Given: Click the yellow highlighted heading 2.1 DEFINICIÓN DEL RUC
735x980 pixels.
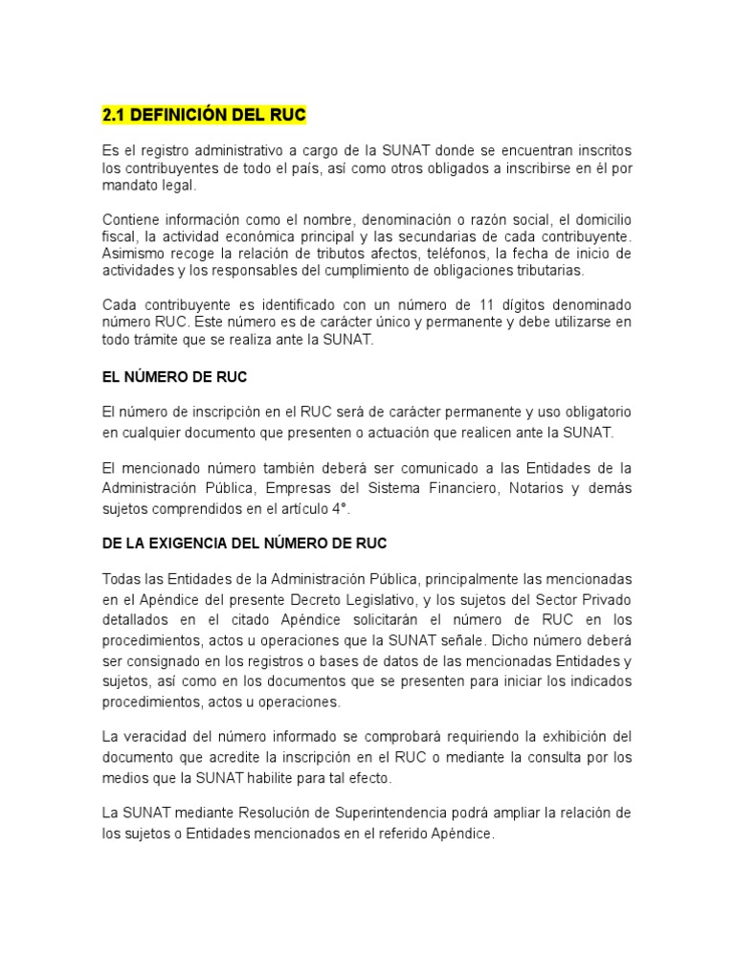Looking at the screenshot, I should coord(204,116).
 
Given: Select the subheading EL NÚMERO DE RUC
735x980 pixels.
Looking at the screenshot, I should coord(174,377).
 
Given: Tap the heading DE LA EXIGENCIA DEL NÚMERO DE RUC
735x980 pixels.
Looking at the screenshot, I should coord(244,543).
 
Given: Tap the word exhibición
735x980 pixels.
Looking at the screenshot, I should coord(566,736).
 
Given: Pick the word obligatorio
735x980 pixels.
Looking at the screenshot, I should coord(593,412).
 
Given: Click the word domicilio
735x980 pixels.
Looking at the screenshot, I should coord(603,219).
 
